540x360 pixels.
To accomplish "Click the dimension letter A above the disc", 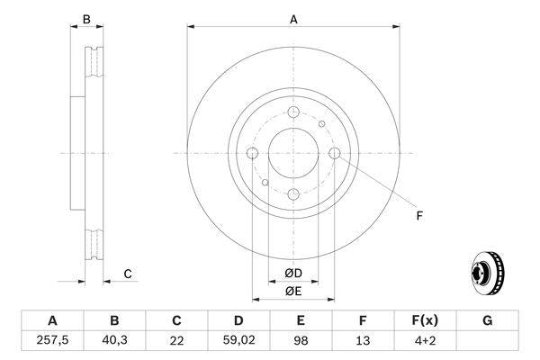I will click(293, 18).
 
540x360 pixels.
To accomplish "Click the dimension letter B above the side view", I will click(86, 18).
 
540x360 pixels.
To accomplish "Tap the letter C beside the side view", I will click(128, 274).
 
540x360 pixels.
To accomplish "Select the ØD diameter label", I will click(293, 274).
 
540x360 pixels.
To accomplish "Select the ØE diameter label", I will click(293, 290).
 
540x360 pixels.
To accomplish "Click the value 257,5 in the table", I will click(51, 340).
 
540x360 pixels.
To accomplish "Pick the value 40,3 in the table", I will click(114, 340).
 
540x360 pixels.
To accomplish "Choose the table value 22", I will click(176, 340).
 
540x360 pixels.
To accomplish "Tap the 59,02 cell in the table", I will click(238, 340).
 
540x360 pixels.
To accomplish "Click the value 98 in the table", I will click(301, 340).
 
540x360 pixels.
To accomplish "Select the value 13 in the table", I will click(363, 340).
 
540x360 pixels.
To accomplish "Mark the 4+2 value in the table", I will click(425, 340).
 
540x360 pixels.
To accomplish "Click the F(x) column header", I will click(425, 320).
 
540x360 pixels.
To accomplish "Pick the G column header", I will click(487, 320).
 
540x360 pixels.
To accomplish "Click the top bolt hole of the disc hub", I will click(293, 111).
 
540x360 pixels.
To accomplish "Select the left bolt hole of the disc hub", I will click(252, 153).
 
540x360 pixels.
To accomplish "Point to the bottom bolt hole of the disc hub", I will click(293, 194).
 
